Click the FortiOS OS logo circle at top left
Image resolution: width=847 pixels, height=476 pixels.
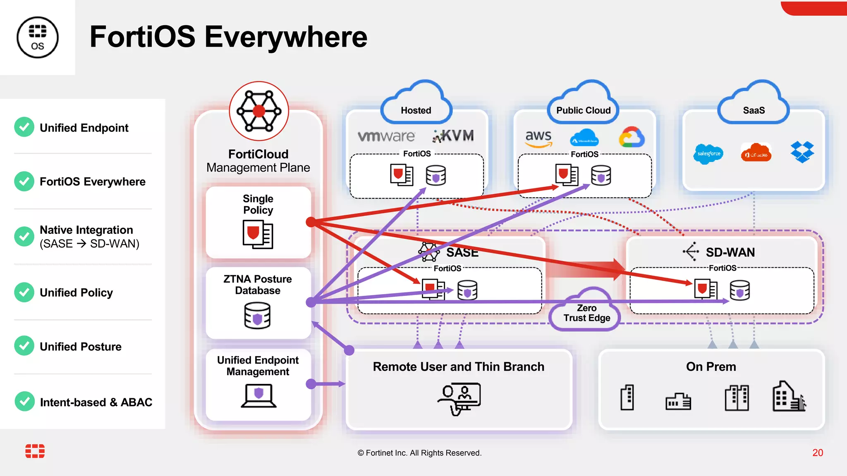(x=37, y=37)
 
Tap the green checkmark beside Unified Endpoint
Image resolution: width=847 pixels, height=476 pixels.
(x=24, y=127)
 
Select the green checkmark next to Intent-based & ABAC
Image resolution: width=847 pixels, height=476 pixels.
(x=24, y=401)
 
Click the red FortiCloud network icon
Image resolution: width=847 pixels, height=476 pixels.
(x=259, y=111)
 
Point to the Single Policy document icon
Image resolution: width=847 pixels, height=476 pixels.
(x=258, y=234)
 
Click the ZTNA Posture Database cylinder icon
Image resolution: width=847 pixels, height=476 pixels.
(x=257, y=315)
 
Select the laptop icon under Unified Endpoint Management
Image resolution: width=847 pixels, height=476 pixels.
(x=258, y=395)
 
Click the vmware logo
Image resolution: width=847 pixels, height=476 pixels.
(x=386, y=136)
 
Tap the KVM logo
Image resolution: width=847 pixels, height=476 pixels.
(x=453, y=136)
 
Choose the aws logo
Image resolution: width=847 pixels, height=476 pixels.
(x=538, y=138)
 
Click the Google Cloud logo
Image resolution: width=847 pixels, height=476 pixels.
(x=632, y=138)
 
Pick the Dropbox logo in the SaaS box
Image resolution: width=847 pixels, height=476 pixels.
(x=802, y=152)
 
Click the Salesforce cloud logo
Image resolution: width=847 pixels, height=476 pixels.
(x=708, y=154)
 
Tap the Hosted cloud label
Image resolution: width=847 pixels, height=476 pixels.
(x=416, y=110)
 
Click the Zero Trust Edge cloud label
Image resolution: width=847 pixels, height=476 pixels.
(x=586, y=313)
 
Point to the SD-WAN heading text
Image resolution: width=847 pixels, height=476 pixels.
(x=730, y=252)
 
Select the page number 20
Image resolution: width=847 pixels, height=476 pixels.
(x=817, y=452)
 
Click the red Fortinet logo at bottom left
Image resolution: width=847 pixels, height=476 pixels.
(x=35, y=451)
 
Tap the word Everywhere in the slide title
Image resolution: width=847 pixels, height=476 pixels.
(x=286, y=37)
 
